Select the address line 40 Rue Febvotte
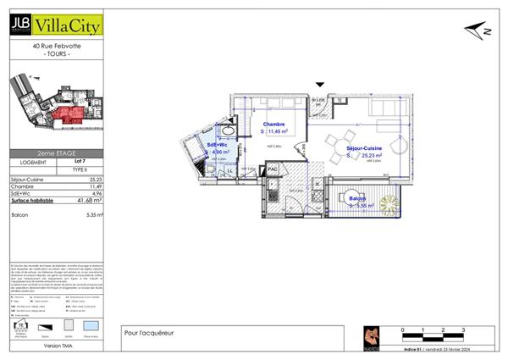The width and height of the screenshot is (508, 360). pyautogui.click(x=56, y=46)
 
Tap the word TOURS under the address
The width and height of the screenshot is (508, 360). pyautogui.click(x=56, y=53)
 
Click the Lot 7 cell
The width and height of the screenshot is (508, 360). pyautogui.click(x=80, y=162)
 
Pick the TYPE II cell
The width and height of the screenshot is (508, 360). pyautogui.click(x=80, y=170)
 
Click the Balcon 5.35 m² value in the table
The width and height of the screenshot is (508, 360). pyautogui.click(x=91, y=215)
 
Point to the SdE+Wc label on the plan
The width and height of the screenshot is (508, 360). pyautogui.click(x=218, y=147)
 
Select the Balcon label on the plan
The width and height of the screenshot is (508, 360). pyautogui.click(x=357, y=198)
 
